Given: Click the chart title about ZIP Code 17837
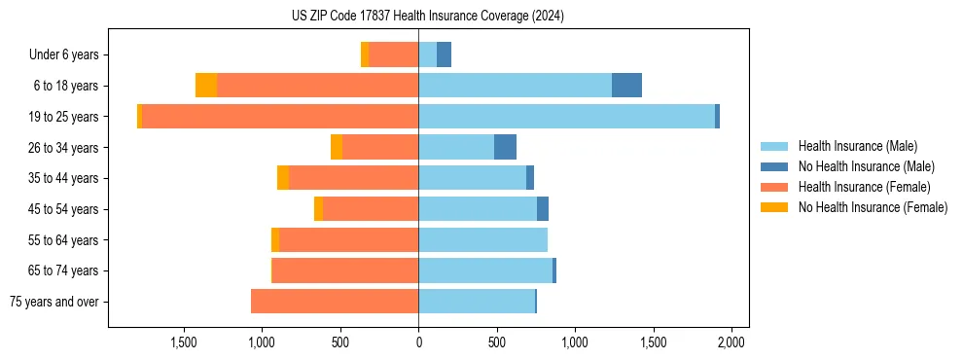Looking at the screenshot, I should (x=428, y=17).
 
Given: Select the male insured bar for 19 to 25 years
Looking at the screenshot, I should (x=566, y=117).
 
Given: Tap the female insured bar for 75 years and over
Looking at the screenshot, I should (x=335, y=302).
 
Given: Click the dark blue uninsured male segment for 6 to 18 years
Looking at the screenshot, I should (x=626, y=86).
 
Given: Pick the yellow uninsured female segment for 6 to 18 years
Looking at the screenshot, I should (x=206, y=86).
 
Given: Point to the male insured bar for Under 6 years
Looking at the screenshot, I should (x=428, y=55).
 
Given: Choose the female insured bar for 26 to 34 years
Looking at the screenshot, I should (x=380, y=147).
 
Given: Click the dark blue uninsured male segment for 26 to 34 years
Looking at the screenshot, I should (x=505, y=147).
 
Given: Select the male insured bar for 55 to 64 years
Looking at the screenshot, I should (x=482, y=239).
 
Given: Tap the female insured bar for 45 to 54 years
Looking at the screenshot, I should (x=371, y=209).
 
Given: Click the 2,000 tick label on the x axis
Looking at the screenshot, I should (x=731, y=342).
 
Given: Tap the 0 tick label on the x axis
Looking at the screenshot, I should (x=418, y=342).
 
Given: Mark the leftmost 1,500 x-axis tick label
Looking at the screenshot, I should (x=184, y=342).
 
